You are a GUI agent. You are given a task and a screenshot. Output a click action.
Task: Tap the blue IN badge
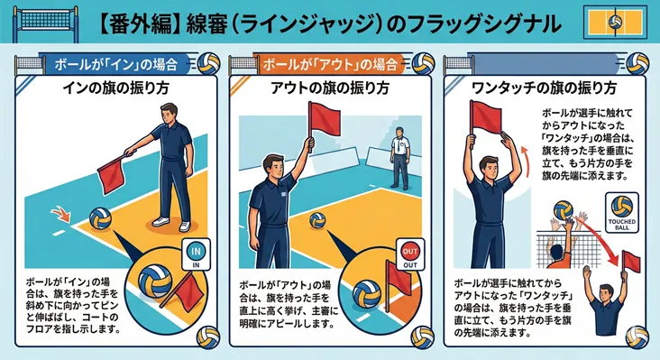pyautogui.click(x=197, y=254)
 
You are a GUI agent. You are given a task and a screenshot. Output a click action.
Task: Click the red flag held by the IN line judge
pyautogui.click(x=113, y=170)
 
